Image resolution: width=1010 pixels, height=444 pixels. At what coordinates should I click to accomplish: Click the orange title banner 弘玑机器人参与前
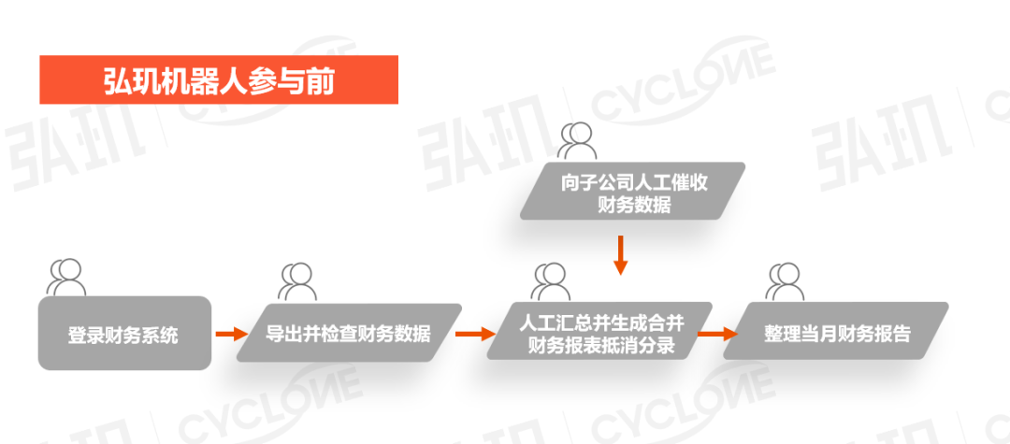219,79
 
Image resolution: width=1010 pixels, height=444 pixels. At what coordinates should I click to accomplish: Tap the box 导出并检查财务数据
348,333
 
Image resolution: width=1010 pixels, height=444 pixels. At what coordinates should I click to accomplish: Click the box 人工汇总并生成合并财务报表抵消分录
600,333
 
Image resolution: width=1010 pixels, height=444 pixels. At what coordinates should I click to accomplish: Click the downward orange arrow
619,255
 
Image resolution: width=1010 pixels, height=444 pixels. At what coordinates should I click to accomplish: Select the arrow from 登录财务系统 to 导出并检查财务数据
230,333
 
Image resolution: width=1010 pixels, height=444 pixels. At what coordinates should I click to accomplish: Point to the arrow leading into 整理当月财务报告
716,333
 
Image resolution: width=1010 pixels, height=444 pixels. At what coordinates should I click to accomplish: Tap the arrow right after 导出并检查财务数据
475,333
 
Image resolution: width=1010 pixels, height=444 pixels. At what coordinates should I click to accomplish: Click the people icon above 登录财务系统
66,277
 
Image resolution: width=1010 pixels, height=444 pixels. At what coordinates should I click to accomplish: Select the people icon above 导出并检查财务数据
296,279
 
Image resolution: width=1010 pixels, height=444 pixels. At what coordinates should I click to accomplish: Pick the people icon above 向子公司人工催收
578,140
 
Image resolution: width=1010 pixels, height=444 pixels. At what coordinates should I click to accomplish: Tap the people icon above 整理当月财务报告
785,280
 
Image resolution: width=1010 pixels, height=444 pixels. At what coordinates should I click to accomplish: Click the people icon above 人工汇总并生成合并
551,280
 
